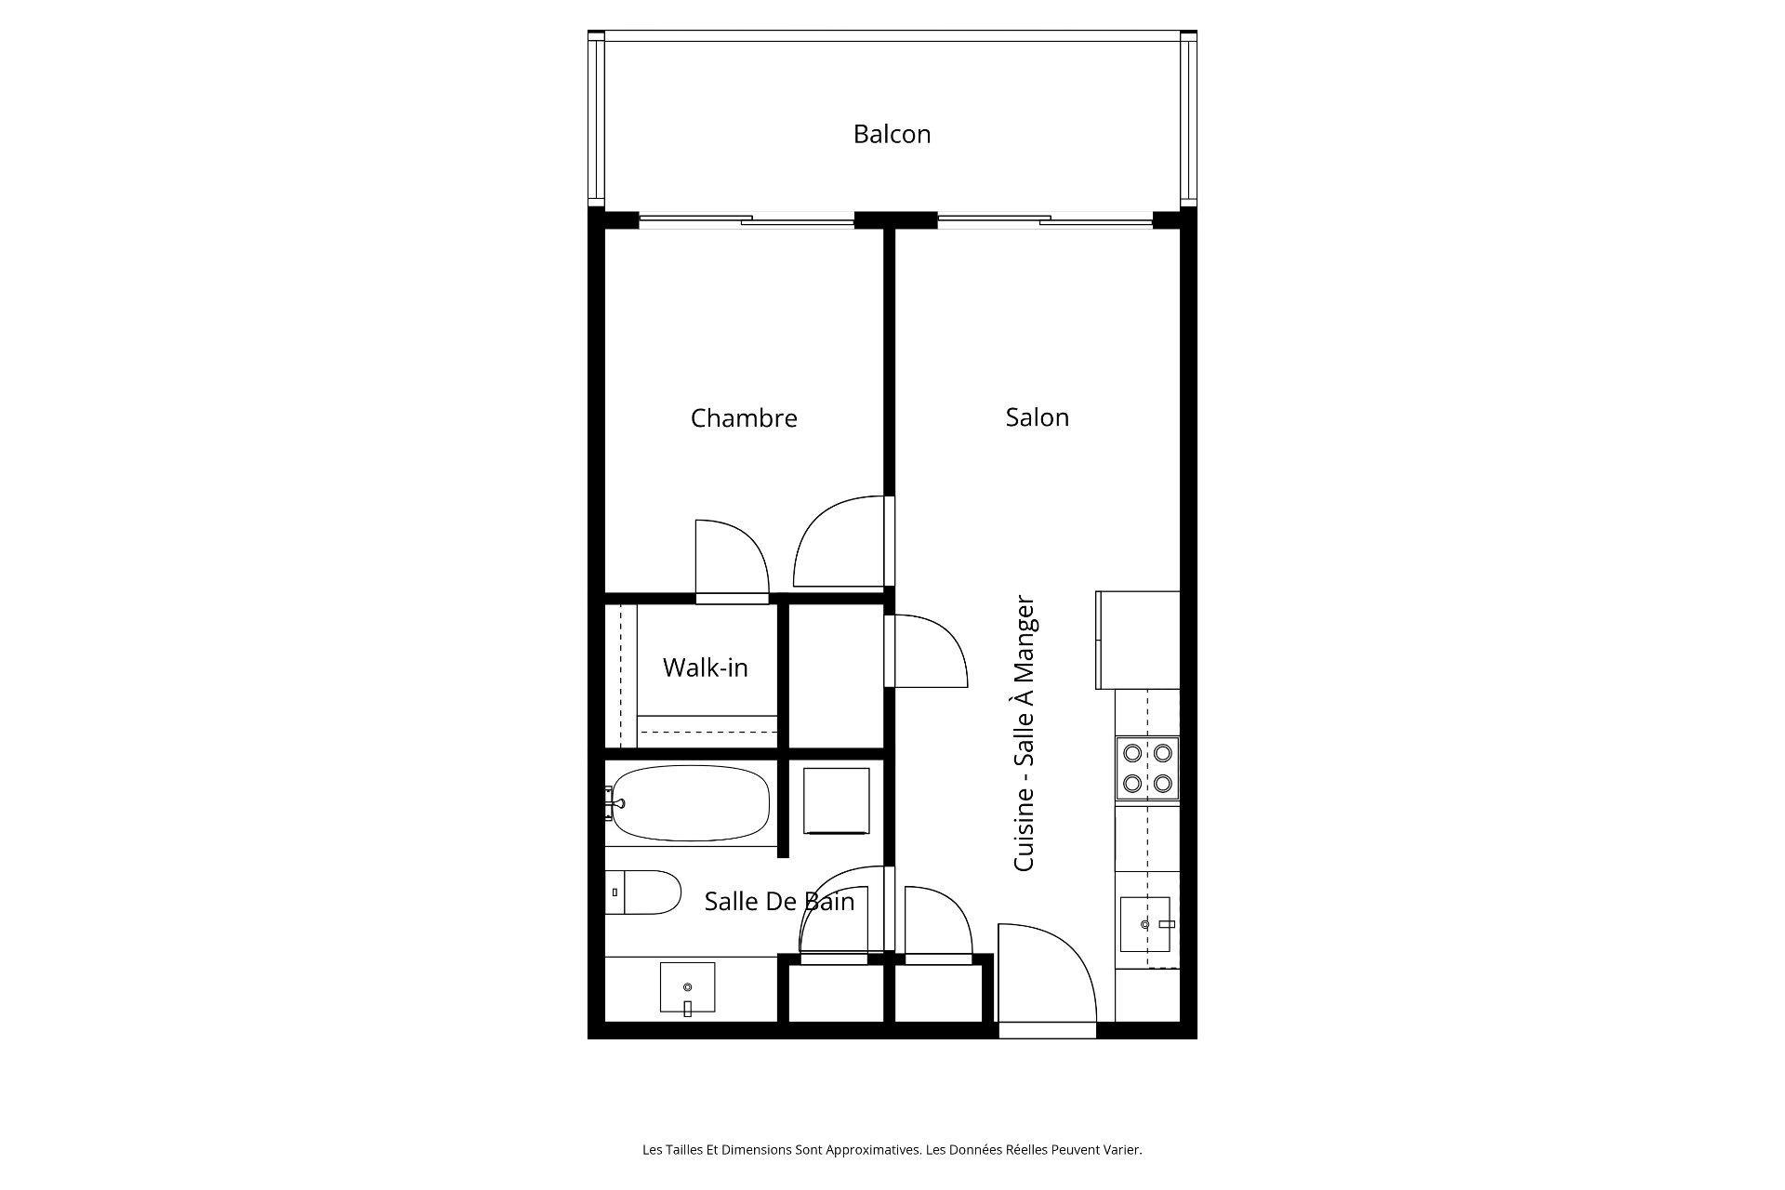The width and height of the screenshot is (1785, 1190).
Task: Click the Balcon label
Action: tap(892, 134)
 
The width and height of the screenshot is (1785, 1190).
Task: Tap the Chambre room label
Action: tap(744, 418)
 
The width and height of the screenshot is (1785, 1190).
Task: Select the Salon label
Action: tap(1037, 417)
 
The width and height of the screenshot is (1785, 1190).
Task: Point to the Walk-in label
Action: tap(705, 668)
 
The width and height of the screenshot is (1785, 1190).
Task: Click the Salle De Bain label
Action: tap(779, 901)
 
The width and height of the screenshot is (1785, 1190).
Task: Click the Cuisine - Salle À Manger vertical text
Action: tap(1024, 734)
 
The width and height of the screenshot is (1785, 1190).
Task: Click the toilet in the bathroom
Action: tap(641, 892)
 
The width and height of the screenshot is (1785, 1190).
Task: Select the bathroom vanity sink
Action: tap(688, 987)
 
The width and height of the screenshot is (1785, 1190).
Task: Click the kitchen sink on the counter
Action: tap(1144, 924)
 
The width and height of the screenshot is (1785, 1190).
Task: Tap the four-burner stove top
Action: tap(1147, 768)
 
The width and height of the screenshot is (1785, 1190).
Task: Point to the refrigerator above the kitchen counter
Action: tap(1138, 640)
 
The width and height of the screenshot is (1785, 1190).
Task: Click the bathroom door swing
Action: tap(841, 911)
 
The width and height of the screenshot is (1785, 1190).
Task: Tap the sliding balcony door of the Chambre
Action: tap(747, 221)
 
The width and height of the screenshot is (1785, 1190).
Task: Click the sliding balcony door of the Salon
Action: tap(1045, 221)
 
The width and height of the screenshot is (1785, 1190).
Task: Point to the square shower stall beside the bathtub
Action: tap(836, 800)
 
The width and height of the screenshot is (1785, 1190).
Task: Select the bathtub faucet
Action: tap(613, 802)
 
